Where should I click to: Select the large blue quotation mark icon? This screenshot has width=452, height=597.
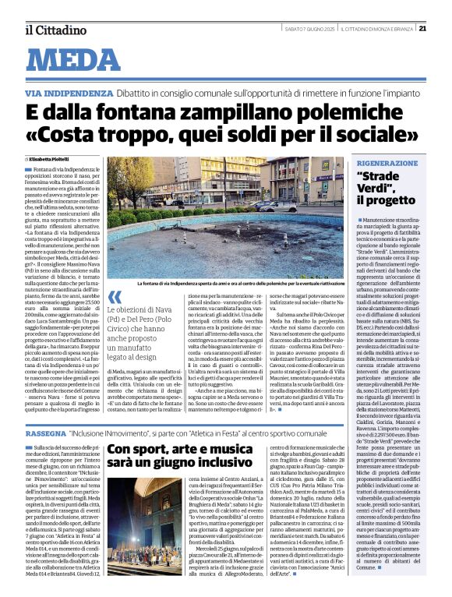(x=115, y=298)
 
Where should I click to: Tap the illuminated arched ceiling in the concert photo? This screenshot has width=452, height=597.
(x=147, y=496)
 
